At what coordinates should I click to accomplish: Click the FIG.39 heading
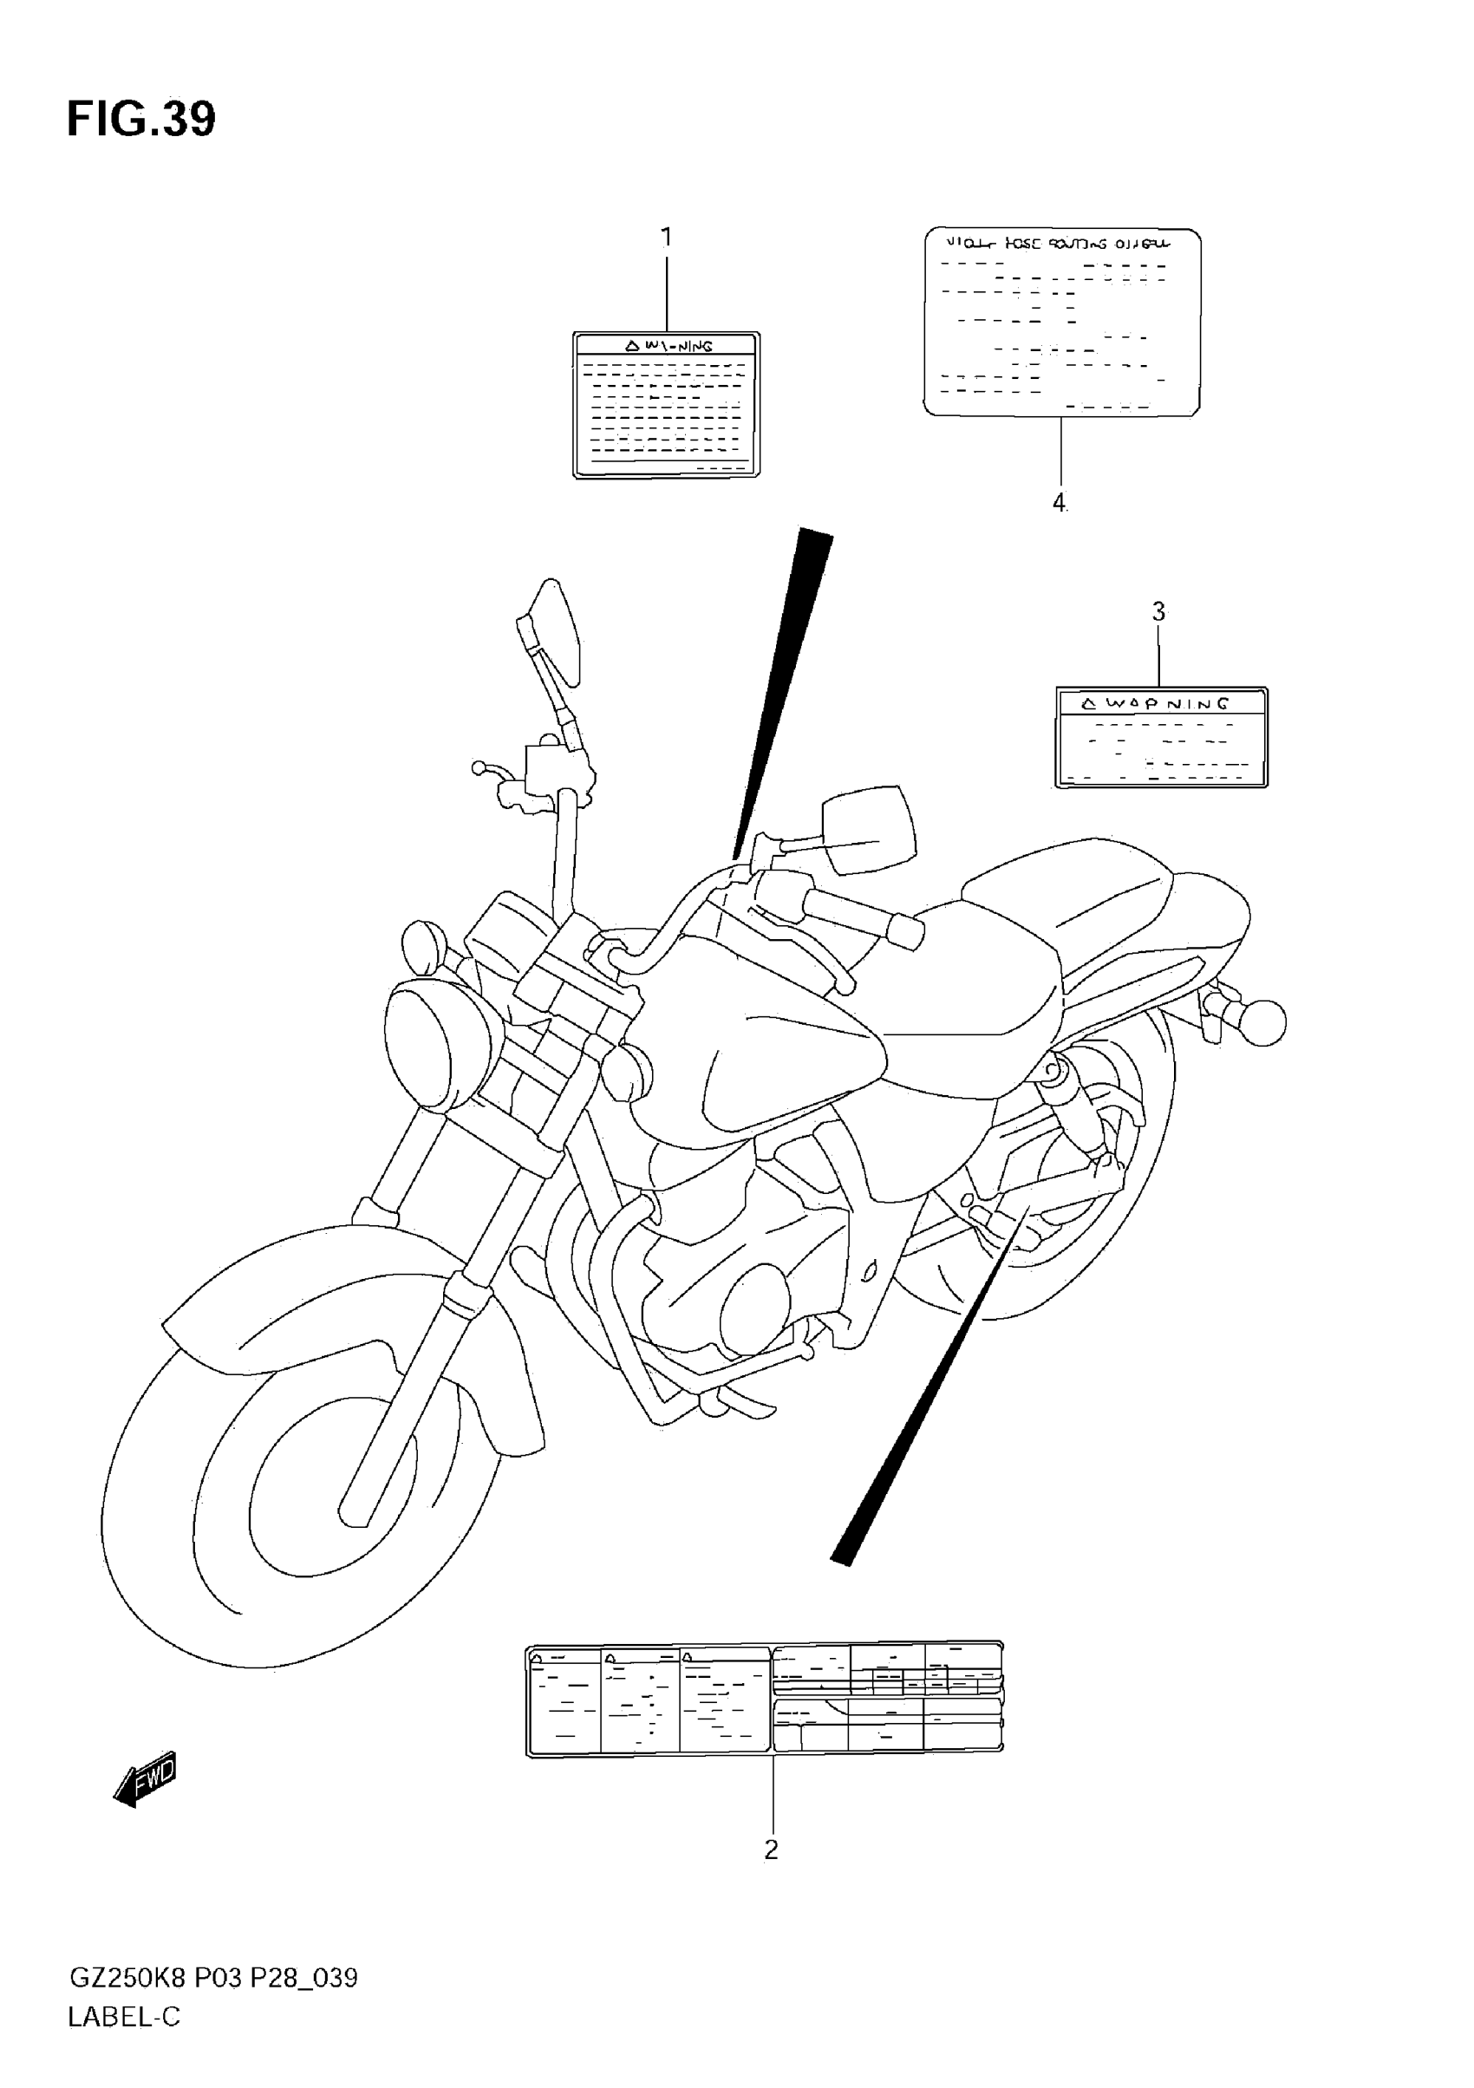[x=141, y=119]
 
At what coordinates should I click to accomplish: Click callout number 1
[x=666, y=238]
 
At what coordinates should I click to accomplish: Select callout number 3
[x=1158, y=612]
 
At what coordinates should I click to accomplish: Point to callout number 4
[x=1059, y=502]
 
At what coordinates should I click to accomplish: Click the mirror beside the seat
[x=869, y=827]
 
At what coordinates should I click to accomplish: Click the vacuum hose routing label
[x=1062, y=323]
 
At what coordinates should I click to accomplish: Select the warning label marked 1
[x=666, y=405]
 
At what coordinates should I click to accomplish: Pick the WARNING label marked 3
[x=1161, y=737]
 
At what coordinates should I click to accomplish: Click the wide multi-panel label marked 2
[x=765, y=1699]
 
